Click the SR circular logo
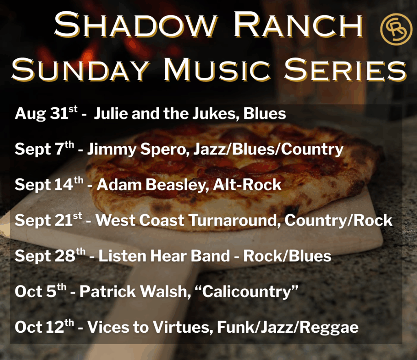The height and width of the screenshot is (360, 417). pyautogui.click(x=396, y=29)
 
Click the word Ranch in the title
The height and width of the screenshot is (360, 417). pyautogui.click(x=298, y=25)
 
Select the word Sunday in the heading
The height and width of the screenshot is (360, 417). pyautogui.click(x=80, y=69)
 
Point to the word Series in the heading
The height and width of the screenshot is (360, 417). pyautogui.click(x=346, y=69)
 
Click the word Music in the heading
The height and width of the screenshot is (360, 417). pyautogui.click(x=217, y=69)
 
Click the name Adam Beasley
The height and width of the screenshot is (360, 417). pyautogui.click(x=153, y=184)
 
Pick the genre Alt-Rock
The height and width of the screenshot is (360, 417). pyautogui.click(x=247, y=184)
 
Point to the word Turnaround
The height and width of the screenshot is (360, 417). pyautogui.click(x=235, y=220)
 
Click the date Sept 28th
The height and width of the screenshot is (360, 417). pyautogui.click(x=50, y=256)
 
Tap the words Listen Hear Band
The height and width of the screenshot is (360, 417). pyautogui.click(x=164, y=256)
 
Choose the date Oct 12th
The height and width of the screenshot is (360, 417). pyautogui.click(x=44, y=327)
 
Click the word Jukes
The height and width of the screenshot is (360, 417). pyautogui.click(x=214, y=114)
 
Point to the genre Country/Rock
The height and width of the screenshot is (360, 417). pyautogui.click(x=338, y=220)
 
